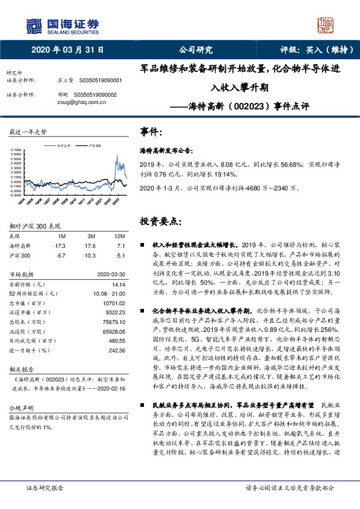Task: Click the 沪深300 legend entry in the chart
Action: pyautogui.click(x=94, y=146)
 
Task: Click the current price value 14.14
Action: pyautogui.click(x=117, y=284)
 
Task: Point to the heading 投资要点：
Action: pyautogui.click(x=158, y=221)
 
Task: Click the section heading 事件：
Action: pyautogui.click(x=152, y=131)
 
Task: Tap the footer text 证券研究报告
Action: pyautogui.click(x=46, y=503)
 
